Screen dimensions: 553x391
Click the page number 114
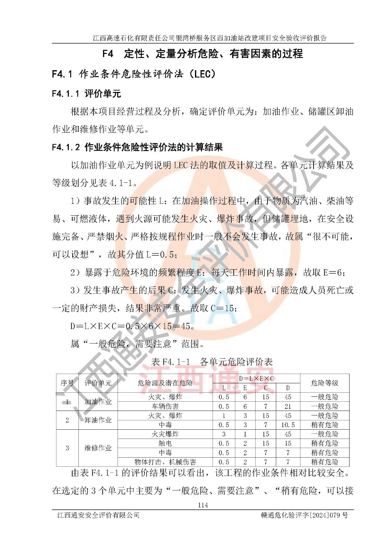[203, 505]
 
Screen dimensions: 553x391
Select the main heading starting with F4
[203, 54]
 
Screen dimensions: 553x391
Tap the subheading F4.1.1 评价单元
[86, 93]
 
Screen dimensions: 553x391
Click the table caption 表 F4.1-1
[212, 362]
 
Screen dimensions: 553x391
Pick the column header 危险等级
[324, 383]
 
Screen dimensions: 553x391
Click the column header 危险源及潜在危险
[165, 383]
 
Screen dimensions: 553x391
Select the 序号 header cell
[67, 383]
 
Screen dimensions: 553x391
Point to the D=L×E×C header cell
[256, 378]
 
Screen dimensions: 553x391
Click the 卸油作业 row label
[98, 420]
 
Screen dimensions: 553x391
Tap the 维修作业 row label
[98, 448]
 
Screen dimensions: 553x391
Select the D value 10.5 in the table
[288, 425]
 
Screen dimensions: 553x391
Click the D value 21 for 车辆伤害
[288, 406]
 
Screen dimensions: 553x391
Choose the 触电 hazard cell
[165, 443]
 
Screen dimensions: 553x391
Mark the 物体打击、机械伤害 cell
[165, 462]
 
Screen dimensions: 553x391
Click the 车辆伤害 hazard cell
[165, 406]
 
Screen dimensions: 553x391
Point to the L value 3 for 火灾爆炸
[224, 434]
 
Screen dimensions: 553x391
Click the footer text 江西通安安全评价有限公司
[99, 515]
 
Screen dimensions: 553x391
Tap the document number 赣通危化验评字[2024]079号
[304, 515]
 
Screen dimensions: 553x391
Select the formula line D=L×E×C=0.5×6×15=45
[132, 326]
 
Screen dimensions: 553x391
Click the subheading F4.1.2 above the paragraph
[137, 147]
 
